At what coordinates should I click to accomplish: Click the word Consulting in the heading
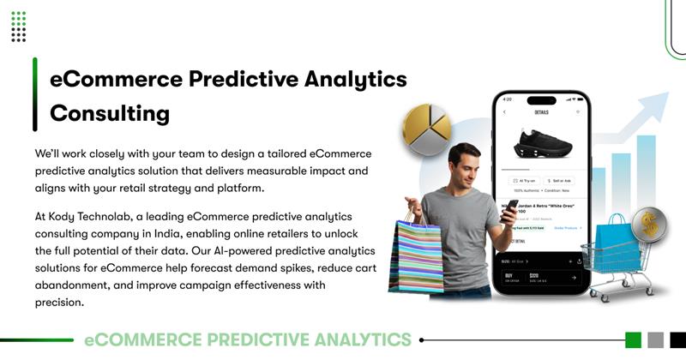tap(110, 113)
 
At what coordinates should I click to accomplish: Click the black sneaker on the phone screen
tap(542, 142)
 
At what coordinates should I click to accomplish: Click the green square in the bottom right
tap(634, 339)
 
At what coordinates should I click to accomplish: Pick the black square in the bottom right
tap(677, 339)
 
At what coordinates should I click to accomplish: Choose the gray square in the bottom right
tap(656, 339)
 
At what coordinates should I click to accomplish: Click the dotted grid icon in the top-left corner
tap(19, 27)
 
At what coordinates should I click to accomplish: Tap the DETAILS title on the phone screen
tap(541, 112)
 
